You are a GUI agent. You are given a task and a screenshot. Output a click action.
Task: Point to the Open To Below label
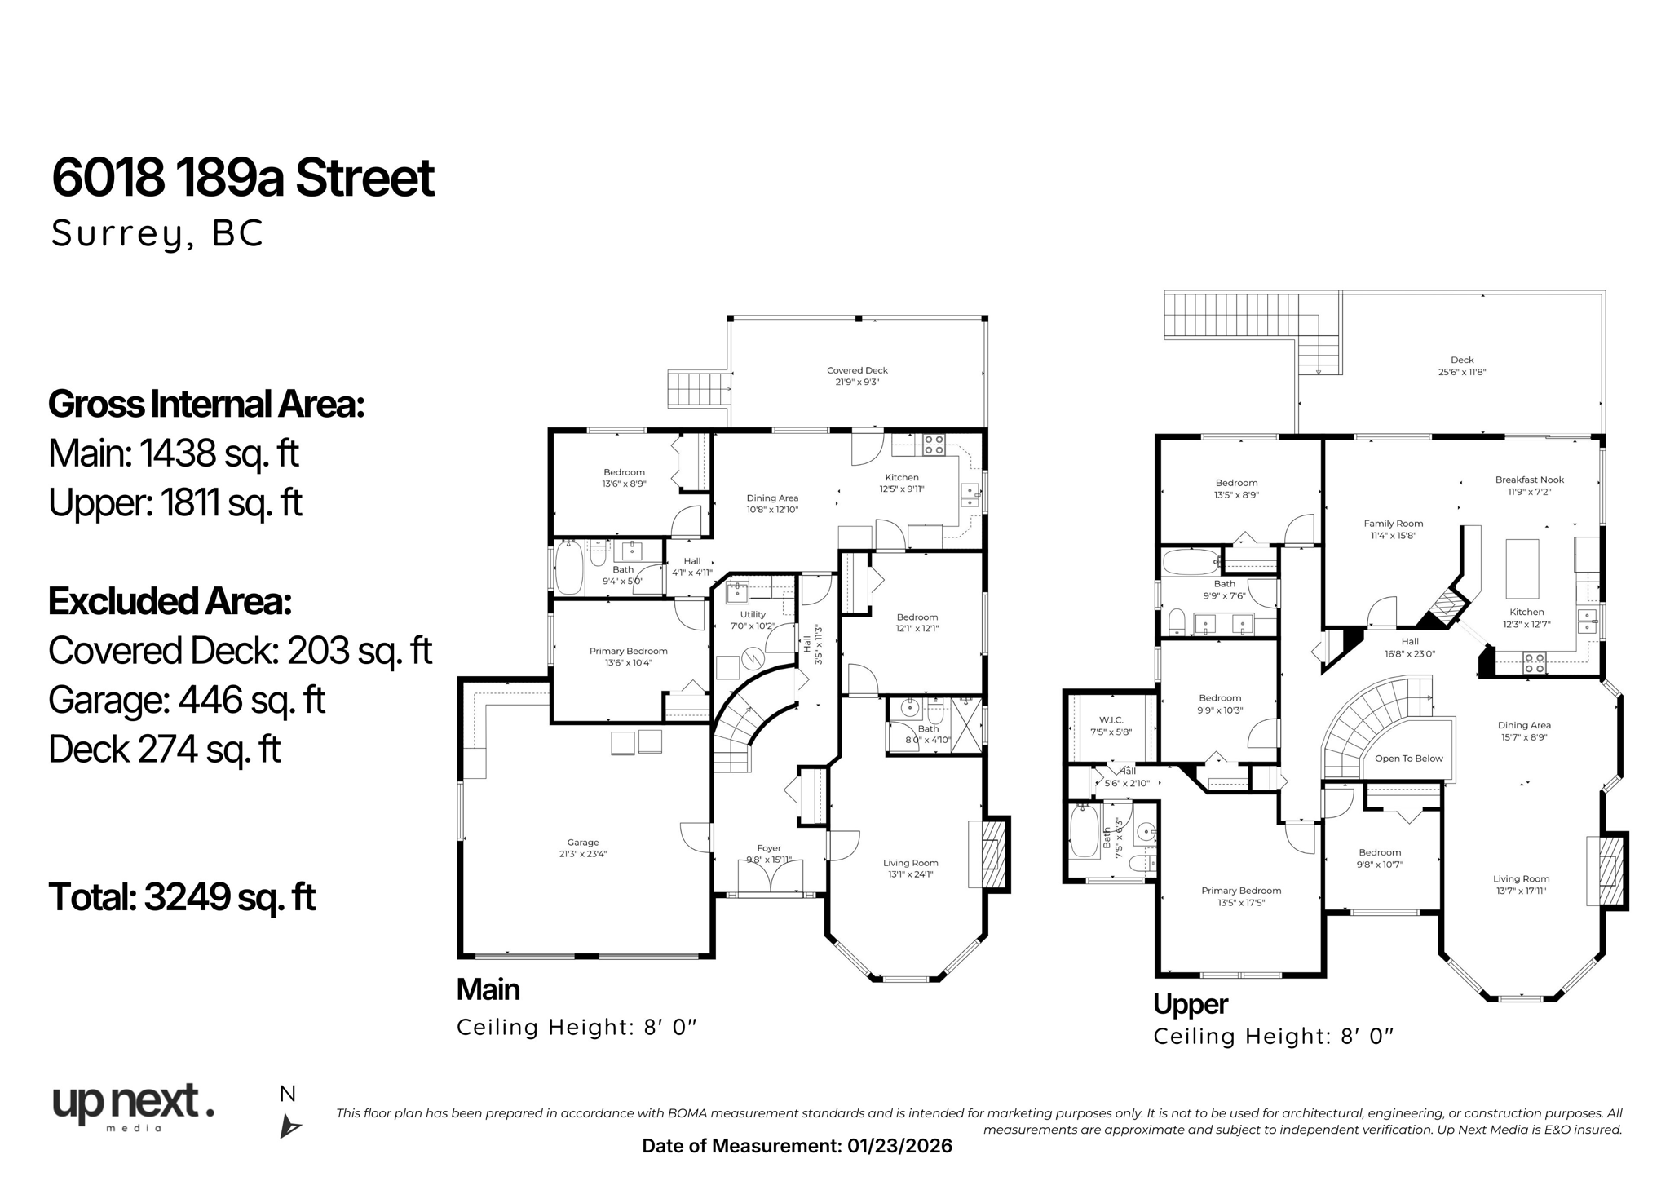point(1408,759)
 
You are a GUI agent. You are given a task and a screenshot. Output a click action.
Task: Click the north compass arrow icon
point(289,1126)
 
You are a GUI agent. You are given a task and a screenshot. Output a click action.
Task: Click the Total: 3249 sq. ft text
point(182,897)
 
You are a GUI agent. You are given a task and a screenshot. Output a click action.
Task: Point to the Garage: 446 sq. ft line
point(187,700)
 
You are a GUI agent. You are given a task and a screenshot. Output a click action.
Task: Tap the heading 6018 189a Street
point(243,178)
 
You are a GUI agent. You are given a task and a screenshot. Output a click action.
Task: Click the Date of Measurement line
point(797,1146)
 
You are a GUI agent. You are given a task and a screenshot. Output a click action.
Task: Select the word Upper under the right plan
point(1190,1004)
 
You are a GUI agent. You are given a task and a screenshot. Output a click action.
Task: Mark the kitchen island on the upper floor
point(1522,568)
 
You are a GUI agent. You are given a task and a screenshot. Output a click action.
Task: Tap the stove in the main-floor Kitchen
point(934,445)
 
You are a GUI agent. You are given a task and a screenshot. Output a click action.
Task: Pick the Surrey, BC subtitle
point(157,233)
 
